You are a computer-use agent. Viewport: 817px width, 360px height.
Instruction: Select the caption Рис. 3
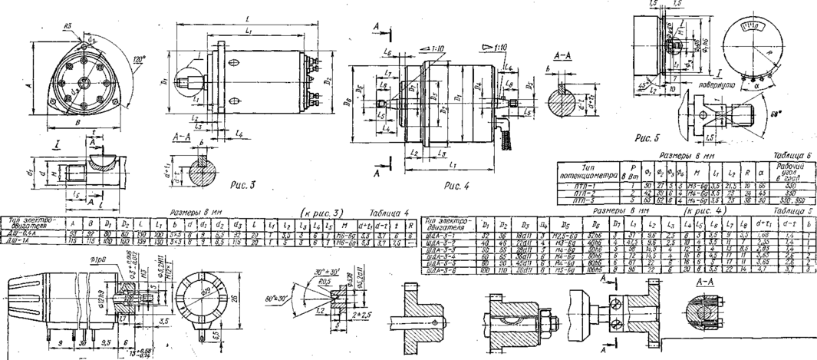click(x=244, y=184)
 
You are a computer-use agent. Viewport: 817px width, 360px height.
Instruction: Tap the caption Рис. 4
click(x=459, y=185)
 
